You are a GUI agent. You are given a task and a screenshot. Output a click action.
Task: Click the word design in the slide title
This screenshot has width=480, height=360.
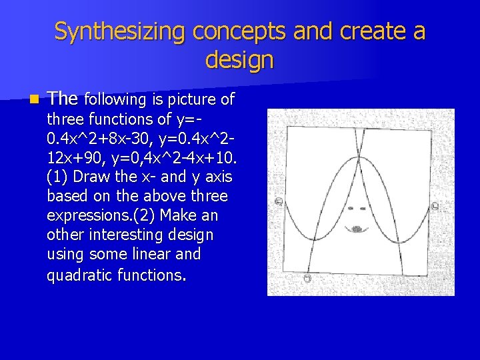(239, 60)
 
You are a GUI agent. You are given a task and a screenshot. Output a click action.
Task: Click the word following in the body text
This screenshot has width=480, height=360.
(116, 100)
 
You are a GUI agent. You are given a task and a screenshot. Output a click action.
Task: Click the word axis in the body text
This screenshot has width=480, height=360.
(218, 177)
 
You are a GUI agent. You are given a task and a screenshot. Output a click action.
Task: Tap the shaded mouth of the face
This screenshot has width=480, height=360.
(357, 229)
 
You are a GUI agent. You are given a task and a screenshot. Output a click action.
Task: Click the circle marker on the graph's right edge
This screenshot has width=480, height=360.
(435, 207)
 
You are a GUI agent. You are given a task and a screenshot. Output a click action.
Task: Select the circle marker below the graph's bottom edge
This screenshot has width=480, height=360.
(308, 277)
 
